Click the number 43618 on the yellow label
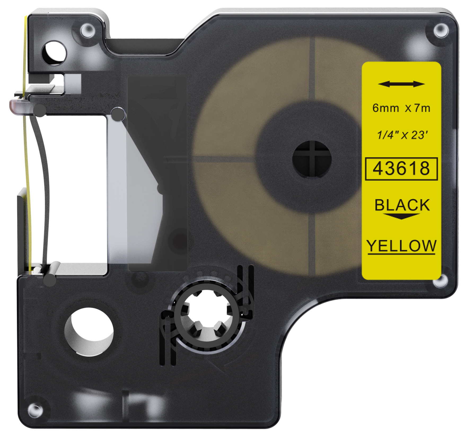401,168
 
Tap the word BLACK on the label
402,205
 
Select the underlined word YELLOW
401,246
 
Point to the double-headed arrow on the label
401,84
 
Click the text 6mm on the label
385,108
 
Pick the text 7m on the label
422,108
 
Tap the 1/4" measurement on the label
387,135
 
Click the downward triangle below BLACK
402,216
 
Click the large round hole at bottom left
89,331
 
